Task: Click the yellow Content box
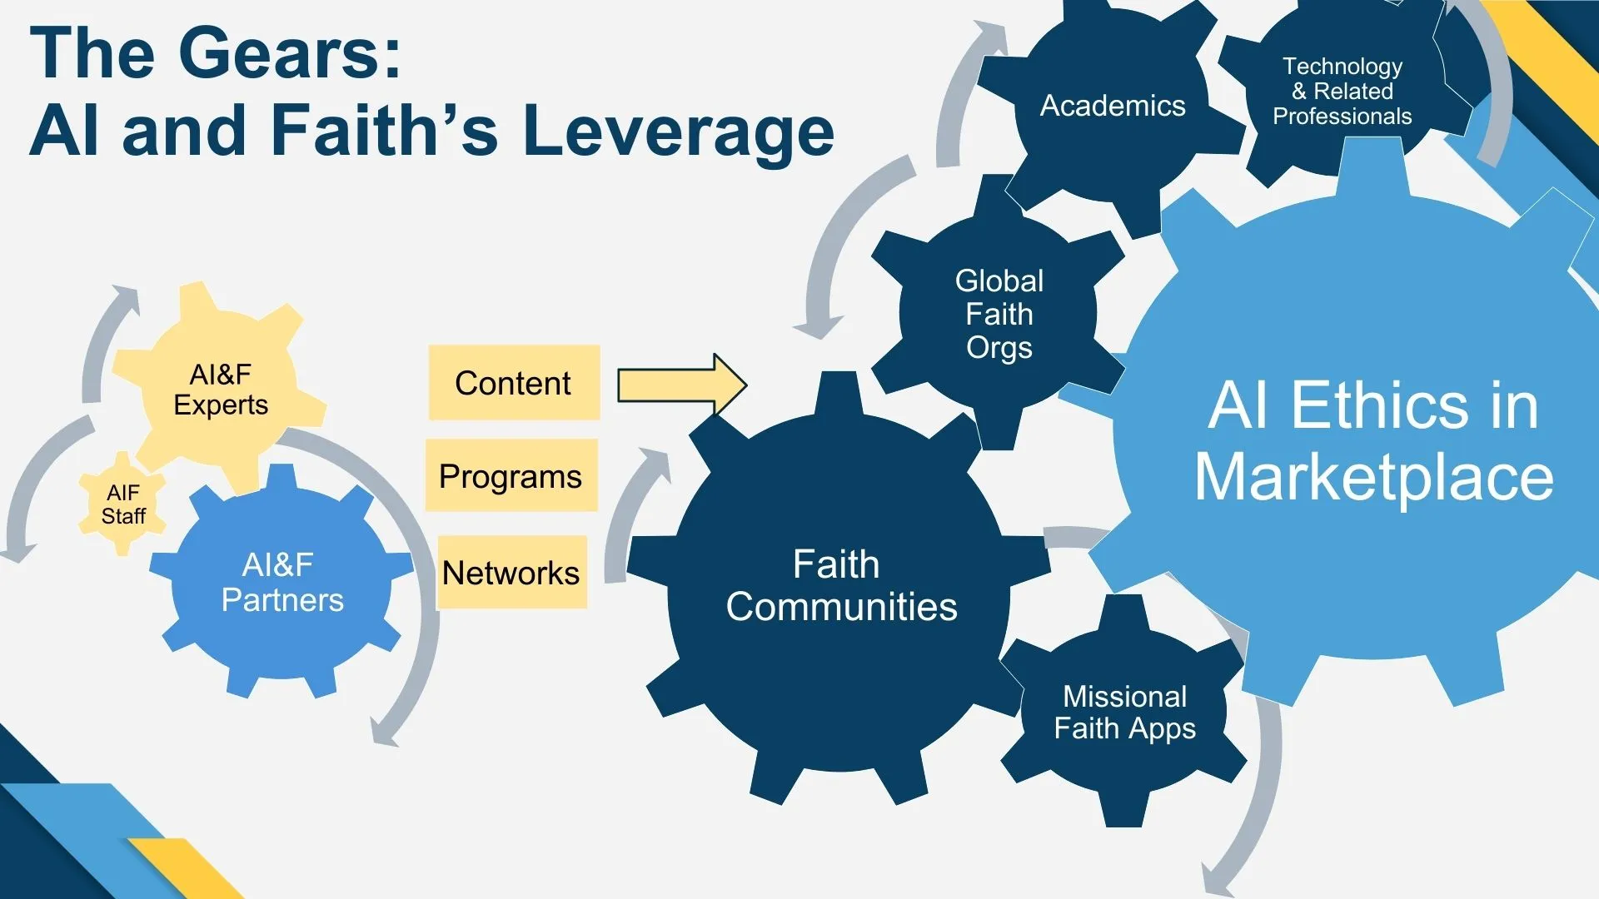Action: pyautogui.click(x=513, y=383)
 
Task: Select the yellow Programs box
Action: pyautogui.click(x=511, y=476)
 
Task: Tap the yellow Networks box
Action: pyautogui.click(x=511, y=573)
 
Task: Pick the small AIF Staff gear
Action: pyautogui.click(x=123, y=504)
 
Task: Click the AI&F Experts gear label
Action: pyautogui.click(x=221, y=390)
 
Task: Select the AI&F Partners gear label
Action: pyautogui.click(x=281, y=583)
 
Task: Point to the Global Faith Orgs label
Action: pyautogui.click(x=999, y=315)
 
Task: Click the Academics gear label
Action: pyautogui.click(x=1113, y=106)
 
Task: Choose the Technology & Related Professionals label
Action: pyautogui.click(x=1342, y=91)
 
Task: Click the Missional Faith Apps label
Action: pyautogui.click(x=1124, y=713)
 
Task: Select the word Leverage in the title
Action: pyautogui.click(x=679, y=131)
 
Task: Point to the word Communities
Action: pyautogui.click(x=841, y=607)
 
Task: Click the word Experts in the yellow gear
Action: pyautogui.click(x=221, y=405)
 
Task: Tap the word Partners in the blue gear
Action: pyautogui.click(x=282, y=600)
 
